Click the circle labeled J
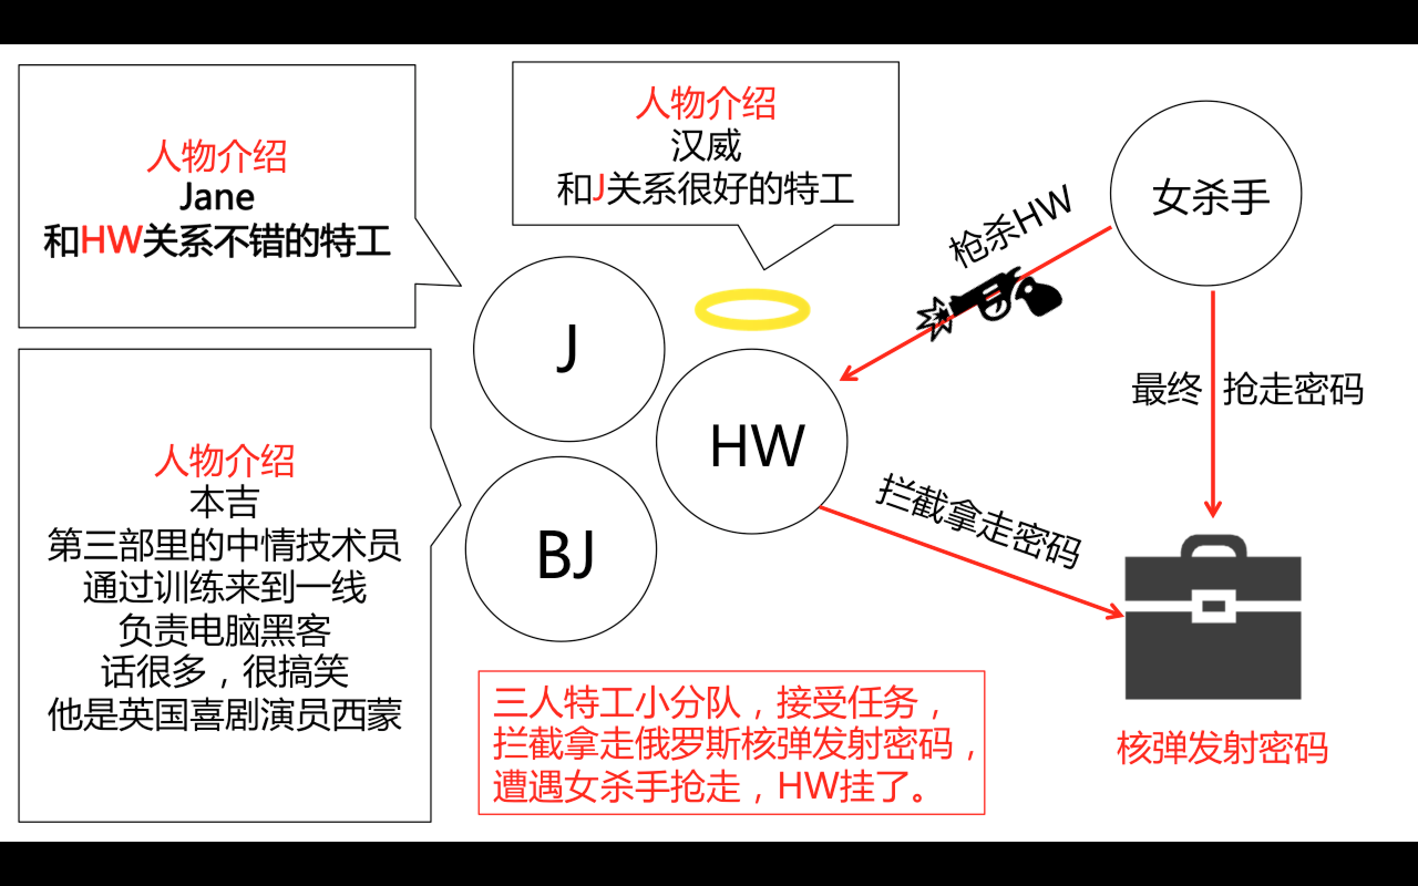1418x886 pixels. pyautogui.click(x=568, y=349)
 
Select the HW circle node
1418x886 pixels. pyautogui.click(x=752, y=442)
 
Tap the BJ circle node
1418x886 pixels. pyautogui.click(x=561, y=549)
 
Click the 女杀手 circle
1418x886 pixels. pyautogui.click(x=1206, y=193)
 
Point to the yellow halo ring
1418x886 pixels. pyautogui.click(x=752, y=310)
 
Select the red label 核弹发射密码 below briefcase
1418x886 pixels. pyautogui.click(x=1222, y=748)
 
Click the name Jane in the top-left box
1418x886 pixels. pyautogui.click(x=217, y=197)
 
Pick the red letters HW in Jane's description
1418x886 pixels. pyautogui.click(x=111, y=240)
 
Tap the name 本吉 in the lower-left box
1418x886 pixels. pyautogui.click(x=224, y=502)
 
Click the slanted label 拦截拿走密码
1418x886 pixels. pyautogui.click(x=979, y=522)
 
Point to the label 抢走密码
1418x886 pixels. pyautogui.click(x=1293, y=389)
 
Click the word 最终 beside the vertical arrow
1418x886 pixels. pyautogui.click(x=1166, y=389)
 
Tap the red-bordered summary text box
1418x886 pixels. pyautogui.click(x=731, y=743)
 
